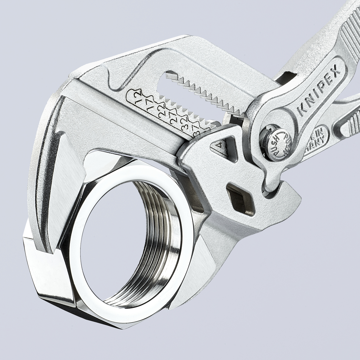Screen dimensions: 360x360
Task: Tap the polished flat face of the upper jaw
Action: coord(67,186)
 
